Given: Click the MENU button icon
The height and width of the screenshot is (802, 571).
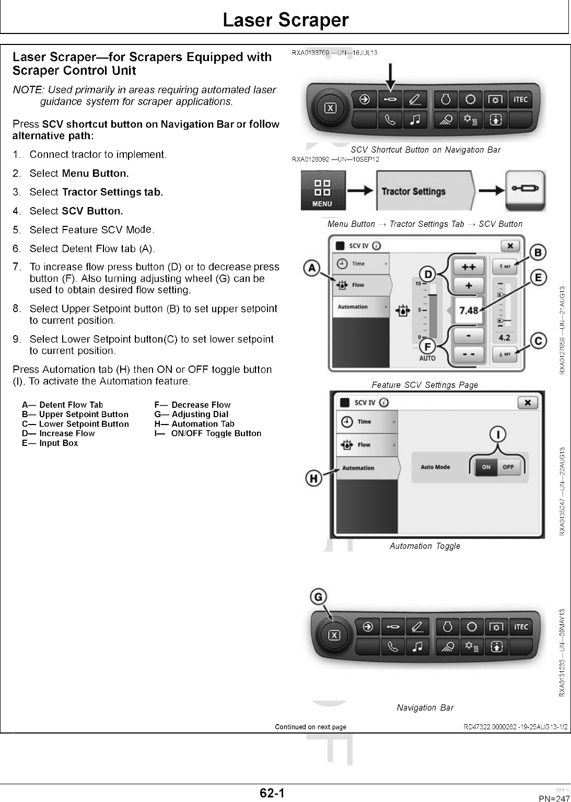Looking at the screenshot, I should pos(322,192).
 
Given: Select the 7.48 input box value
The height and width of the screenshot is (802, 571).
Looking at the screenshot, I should pos(468,310).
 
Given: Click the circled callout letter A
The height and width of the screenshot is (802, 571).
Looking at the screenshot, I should pos(312,268).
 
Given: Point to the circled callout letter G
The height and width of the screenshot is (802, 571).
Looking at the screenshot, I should pos(318,597).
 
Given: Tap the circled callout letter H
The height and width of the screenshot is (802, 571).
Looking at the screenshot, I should pos(313,478).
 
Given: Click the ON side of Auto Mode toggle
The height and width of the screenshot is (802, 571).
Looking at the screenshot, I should pos(486,467).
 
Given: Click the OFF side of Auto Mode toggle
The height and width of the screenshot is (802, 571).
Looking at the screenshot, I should pos(508,467).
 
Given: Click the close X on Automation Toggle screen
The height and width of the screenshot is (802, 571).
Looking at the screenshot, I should pos(528,402).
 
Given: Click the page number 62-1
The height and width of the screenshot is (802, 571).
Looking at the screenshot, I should pos(273,793).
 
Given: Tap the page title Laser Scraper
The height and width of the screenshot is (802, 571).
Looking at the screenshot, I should pos(285,20).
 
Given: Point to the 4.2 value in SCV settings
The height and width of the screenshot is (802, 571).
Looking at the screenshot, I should pos(504,338).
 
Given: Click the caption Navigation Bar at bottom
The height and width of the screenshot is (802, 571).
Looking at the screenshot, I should pos(425,707).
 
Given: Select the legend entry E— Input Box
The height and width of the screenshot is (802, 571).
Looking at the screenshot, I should pos(50,443).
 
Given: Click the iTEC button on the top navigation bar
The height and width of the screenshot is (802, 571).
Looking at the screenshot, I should pos(521,99).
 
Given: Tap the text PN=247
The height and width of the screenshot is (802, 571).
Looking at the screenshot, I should pos(554,798).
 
